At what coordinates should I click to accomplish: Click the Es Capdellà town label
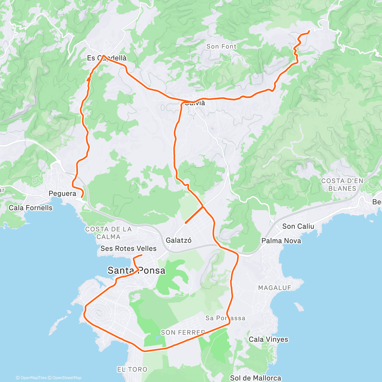click(x=107, y=58)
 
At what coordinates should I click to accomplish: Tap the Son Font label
click(x=221, y=46)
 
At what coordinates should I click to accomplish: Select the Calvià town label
click(x=195, y=103)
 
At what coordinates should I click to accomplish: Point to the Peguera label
click(x=62, y=194)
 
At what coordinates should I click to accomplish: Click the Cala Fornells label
click(x=31, y=208)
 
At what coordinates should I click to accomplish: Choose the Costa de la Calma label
click(x=108, y=233)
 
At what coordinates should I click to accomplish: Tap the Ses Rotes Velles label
click(x=128, y=249)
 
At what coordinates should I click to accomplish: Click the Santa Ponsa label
click(x=136, y=271)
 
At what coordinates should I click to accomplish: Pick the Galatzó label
click(x=179, y=241)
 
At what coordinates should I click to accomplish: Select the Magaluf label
click(x=274, y=288)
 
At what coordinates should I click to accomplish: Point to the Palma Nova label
click(x=281, y=241)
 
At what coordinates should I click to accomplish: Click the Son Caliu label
click(x=298, y=226)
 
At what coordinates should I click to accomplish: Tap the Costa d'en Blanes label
click(x=342, y=185)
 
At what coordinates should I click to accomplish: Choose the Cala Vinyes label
click(x=268, y=339)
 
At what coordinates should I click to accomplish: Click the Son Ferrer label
click(x=183, y=332)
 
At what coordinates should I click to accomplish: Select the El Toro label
click(x=132, y=370)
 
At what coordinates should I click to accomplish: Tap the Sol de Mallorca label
click(x=255, y=378)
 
